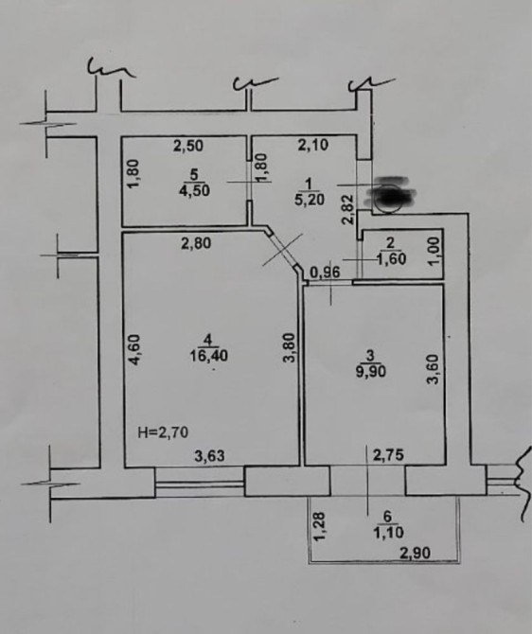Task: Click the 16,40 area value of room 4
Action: [209, 356]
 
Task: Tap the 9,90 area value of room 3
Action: [370, 371]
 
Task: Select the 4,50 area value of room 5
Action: [195, 190]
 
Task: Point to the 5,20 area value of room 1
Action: [310, 200]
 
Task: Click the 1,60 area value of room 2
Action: [391, 258]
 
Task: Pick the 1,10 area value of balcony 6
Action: [388, 532]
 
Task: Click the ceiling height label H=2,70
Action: [163, 432]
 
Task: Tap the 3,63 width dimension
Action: [209, 456]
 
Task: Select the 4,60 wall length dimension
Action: [134, 350]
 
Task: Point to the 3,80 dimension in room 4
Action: [291, 347]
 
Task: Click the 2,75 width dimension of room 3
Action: [388, 455]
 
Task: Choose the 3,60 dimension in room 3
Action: [434, 369]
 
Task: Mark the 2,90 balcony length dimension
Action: [415, 553]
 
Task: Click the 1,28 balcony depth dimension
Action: [319, 527]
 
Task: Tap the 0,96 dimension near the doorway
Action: [325, 273]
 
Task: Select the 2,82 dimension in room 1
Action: [348, 209]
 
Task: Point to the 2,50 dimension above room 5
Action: [188, 146]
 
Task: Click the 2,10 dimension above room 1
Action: [313, 145]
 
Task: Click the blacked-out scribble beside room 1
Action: [389, 195]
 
